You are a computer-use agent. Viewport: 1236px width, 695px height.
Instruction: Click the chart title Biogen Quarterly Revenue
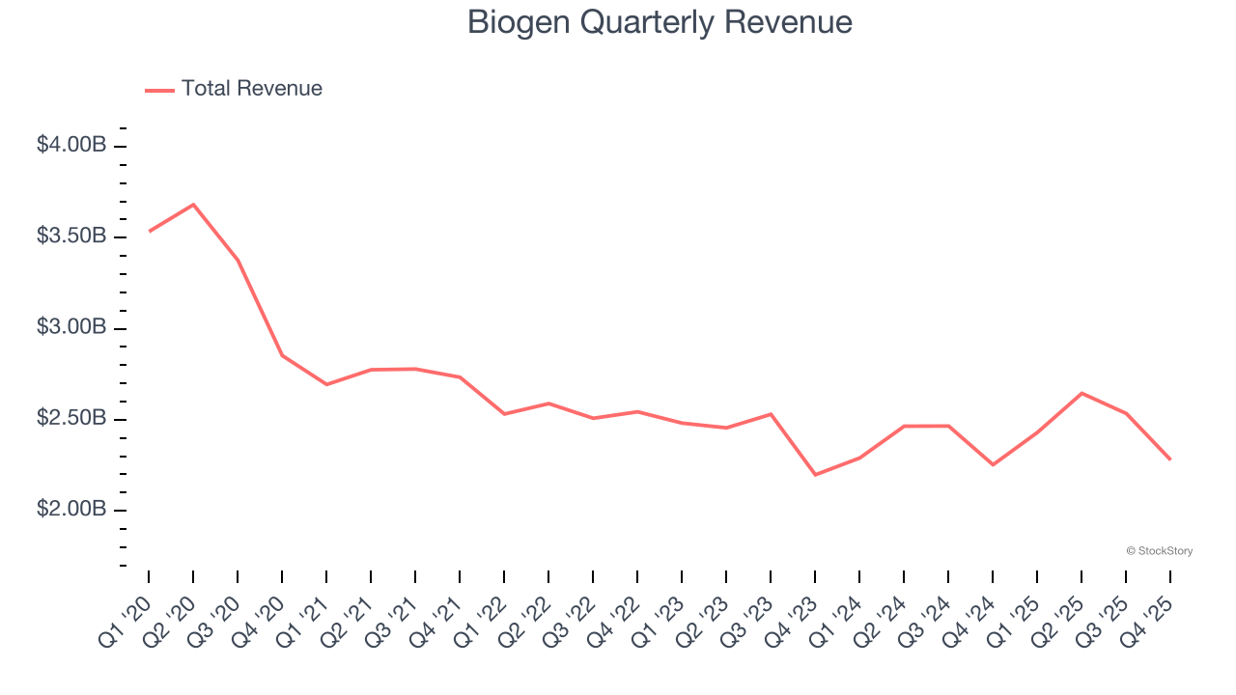(x=660, y=22)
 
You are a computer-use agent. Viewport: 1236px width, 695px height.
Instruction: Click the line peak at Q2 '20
(x=193, y=205)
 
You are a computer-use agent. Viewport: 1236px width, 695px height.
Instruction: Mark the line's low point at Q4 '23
(x=815, y=475)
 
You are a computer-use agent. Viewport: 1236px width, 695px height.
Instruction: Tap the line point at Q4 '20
(x=282, y=355)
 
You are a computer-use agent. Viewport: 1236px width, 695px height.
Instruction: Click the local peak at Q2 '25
(x=1081, y=393)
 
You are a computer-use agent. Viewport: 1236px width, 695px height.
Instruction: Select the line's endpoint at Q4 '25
(x=1170, y=459)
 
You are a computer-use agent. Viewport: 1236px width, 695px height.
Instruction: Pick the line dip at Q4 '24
(x=993, y=464)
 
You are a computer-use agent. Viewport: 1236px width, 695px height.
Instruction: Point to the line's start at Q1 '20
(x=149, y=232)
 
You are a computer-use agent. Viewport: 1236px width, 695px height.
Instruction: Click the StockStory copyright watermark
(x=1159, y=551)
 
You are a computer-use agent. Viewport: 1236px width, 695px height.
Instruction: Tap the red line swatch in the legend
(x=159, y=90)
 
